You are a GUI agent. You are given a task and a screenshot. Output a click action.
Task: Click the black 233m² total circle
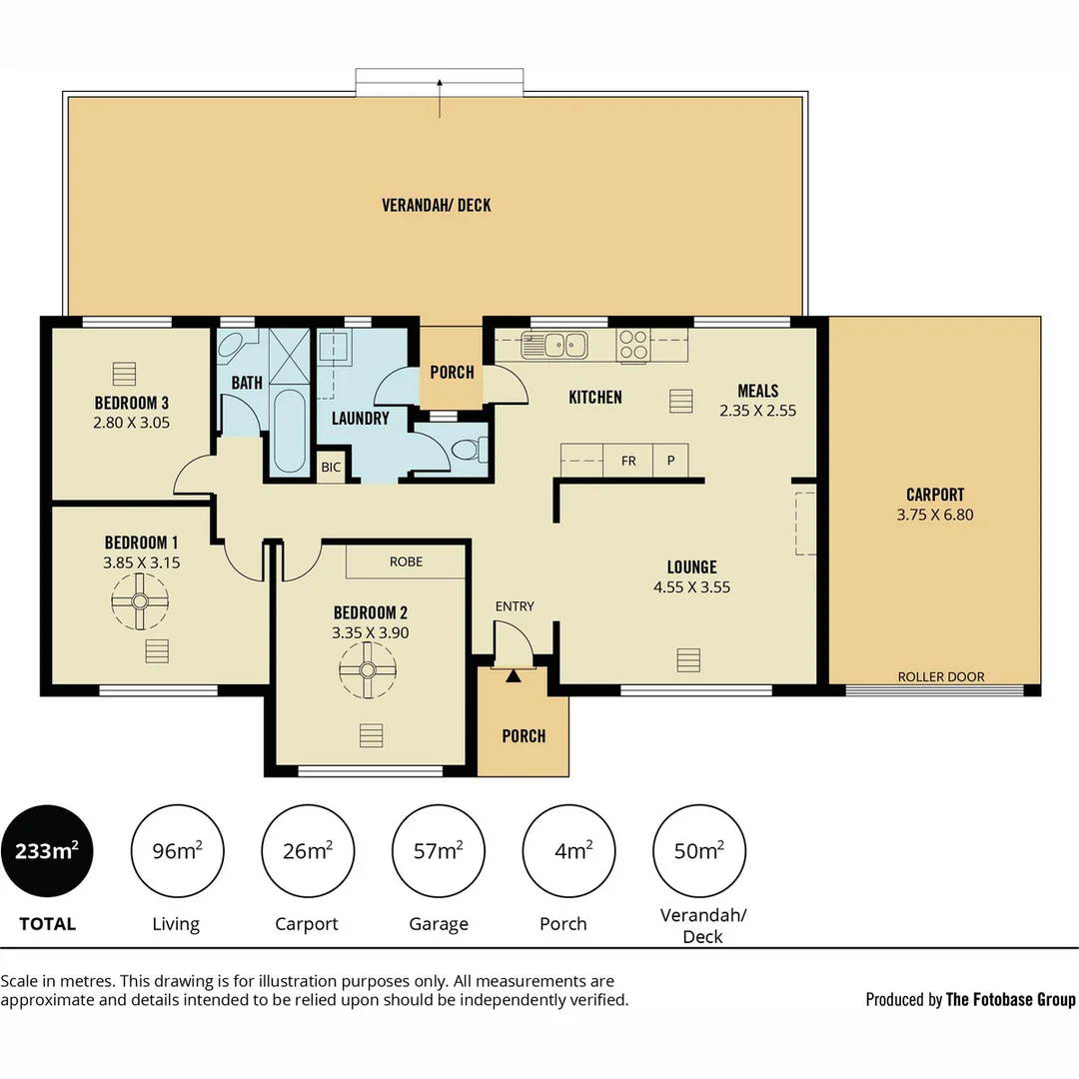(47, 851)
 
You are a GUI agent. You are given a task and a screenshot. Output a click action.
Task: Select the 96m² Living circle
(176, 851)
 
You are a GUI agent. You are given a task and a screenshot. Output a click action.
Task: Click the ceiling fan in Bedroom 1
(139, 600)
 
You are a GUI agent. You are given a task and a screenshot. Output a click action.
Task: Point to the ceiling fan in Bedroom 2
(367, 668)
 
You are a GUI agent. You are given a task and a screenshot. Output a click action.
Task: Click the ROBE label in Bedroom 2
(406, 561)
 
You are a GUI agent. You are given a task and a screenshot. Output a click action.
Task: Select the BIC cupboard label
(330, 468)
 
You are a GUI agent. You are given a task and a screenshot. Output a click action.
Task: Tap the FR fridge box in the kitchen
(628, 461)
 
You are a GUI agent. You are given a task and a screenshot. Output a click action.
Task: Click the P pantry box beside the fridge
(669, 461)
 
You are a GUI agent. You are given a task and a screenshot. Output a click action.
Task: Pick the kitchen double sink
(554, 345)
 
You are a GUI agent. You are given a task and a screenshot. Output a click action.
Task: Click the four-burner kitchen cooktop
(633, 345)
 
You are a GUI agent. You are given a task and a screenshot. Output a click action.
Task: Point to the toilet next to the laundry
(468, 452)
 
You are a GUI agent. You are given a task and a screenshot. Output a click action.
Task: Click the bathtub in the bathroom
(289, 431)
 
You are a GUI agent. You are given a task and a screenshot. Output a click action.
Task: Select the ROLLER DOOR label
(940, 676)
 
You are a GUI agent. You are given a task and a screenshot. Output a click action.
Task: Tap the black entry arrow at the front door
(514, 676)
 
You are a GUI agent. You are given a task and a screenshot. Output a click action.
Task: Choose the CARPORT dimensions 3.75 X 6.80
(935, 516)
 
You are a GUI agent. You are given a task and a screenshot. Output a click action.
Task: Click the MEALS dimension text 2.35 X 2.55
(757, 410)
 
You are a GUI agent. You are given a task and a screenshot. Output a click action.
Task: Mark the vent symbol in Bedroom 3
(124, 373)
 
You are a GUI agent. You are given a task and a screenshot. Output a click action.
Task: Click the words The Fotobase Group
(1010, 999)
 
